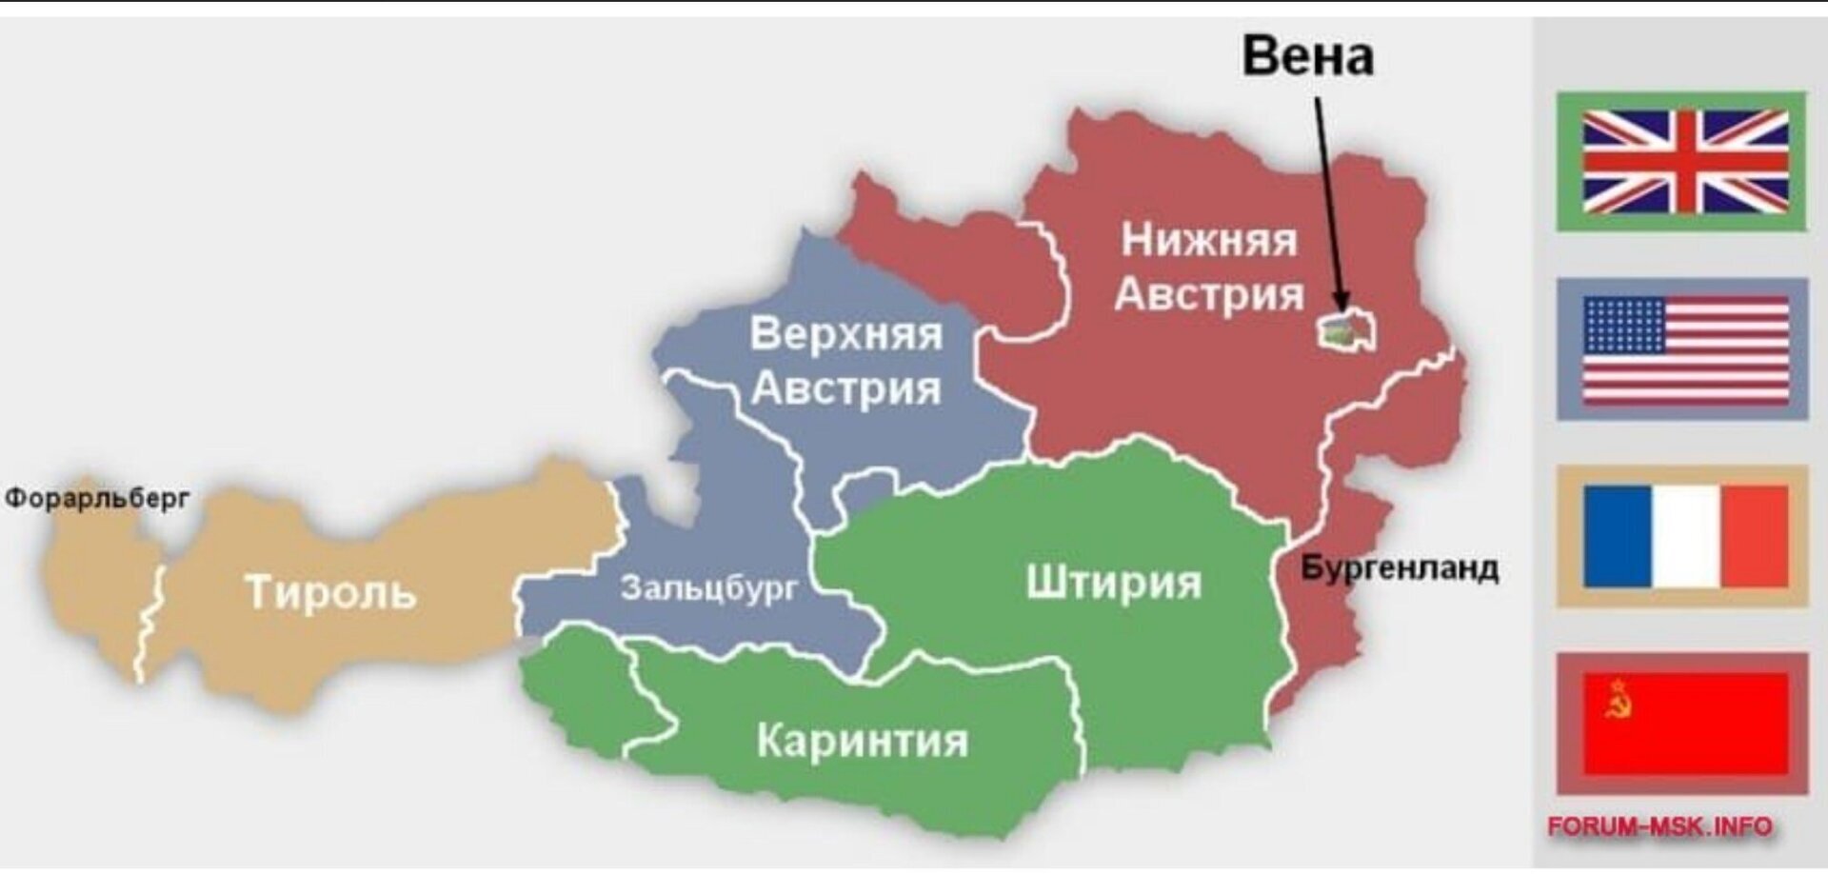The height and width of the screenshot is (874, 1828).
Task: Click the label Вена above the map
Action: click(1307, 56)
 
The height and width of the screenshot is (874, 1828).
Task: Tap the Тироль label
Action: click(330, 591)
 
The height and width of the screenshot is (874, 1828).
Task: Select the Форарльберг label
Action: click(97, 498)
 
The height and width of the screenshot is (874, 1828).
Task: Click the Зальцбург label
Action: click(709, 587)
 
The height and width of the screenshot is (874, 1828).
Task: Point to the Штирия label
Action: click(1113, 582)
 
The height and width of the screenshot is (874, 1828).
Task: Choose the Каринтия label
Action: click(862, 740)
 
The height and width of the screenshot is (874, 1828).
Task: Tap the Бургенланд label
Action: click(1400, 568)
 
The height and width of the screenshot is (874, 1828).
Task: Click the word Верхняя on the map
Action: click(845, 334)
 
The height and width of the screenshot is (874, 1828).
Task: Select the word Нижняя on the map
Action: click(1208, 240)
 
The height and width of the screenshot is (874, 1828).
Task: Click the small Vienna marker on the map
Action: click(1345, 330)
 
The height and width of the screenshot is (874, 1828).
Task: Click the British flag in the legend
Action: click(1682, 161)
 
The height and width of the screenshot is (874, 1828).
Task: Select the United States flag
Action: click(1682, 349)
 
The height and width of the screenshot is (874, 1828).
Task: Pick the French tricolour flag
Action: click(1682, 537)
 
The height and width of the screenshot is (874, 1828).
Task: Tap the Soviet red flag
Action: click(1682, 724)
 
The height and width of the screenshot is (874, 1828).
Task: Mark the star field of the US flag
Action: click(1624, 325)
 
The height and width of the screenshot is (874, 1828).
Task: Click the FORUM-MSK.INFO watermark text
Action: click(1659, 826)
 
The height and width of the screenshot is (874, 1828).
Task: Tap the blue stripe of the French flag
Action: click(1617, 537)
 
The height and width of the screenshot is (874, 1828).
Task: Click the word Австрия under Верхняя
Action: click(845, 389)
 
